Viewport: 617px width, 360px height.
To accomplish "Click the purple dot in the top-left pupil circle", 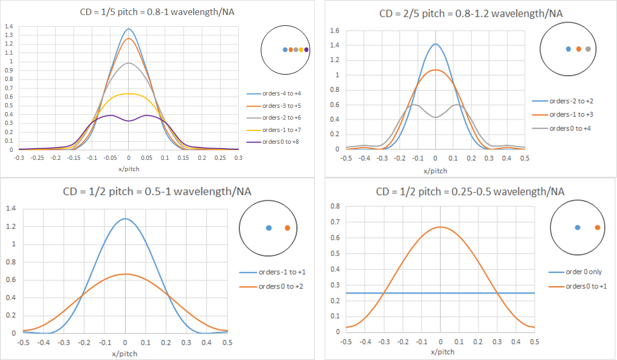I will [x=306, y=50].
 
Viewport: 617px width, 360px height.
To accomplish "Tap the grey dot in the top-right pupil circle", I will [x=589, y=49].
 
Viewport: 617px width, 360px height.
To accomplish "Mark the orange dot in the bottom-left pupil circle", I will [x=288, y=228].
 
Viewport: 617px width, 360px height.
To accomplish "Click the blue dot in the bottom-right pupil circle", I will [x=577, y=227].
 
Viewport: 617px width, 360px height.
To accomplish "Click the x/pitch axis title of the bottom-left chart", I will [x=125, y=352].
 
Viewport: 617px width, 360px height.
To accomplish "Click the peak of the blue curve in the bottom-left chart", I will [x=125, y=218].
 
